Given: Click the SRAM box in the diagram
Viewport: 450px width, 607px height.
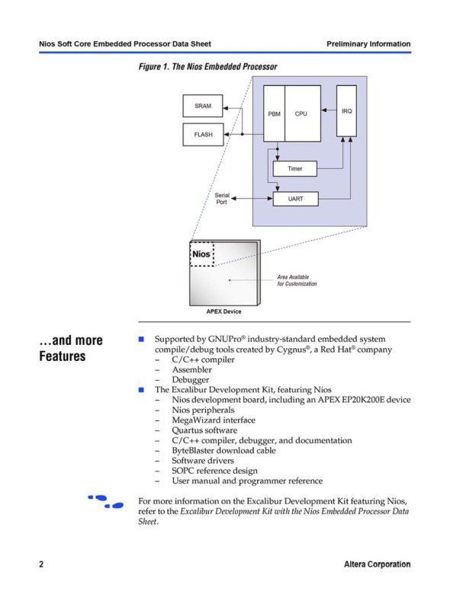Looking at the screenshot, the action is (203, 106).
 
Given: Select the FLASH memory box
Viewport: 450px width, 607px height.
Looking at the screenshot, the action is (203, 134).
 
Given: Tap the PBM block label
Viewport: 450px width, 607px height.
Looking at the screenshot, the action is (274, 113).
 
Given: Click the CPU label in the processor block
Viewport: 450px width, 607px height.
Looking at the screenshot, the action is (301, 113).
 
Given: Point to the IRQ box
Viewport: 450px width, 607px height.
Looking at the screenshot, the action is (346, 111).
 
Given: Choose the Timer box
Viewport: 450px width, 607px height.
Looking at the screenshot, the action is (295, 169).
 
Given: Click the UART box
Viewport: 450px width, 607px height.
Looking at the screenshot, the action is (295, 199).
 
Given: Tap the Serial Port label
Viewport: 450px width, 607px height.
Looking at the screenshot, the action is (222, 199).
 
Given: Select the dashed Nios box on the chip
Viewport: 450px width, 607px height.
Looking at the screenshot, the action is (201, 254).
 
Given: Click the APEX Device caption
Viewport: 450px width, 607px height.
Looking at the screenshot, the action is (223, 311).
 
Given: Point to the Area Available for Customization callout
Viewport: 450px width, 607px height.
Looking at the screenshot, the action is (297, 280).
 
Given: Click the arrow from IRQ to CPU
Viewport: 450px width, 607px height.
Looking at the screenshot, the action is (329, 110).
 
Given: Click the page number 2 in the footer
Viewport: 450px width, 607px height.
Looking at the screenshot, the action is (41, 564).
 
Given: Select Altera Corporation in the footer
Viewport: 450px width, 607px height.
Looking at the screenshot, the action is (377, 564).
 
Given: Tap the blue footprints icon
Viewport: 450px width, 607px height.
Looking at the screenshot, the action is (105, 501).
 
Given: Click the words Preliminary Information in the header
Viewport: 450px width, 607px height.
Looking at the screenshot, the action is (368, 43).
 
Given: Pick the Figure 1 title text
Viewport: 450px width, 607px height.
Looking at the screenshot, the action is (207, 66).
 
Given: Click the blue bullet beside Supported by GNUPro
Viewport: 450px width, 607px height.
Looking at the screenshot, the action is (141, 339).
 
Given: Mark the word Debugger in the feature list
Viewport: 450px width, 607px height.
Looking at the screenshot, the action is (191, 380).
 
